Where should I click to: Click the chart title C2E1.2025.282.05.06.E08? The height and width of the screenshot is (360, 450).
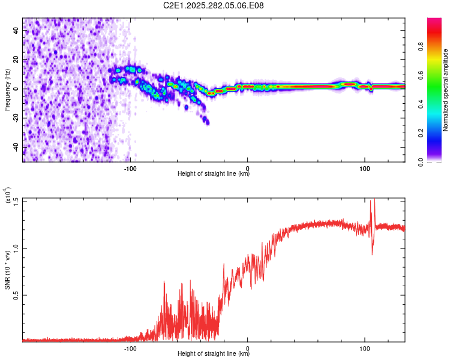tap(214, 6)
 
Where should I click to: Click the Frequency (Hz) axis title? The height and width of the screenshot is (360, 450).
tap(7, 90)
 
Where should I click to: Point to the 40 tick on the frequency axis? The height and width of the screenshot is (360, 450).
tap(16, 31)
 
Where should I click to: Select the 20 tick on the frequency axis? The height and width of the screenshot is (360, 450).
tap(16, 59)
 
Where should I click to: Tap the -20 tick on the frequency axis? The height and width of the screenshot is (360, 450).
tap(16, 118)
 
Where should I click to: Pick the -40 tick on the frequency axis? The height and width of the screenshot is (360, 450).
tap(16, 146)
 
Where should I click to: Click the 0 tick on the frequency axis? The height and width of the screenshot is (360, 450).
tap(16, 89)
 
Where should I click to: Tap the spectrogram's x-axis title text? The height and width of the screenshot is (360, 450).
tap(214, 174)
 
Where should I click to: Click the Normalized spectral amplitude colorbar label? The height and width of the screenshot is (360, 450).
tap(445, 90)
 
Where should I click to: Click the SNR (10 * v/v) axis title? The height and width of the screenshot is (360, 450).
tap(7, 270)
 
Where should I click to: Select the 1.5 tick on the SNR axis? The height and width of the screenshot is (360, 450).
tap(16, 200)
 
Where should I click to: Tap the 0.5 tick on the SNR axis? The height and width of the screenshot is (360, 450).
tap(16, 295)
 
